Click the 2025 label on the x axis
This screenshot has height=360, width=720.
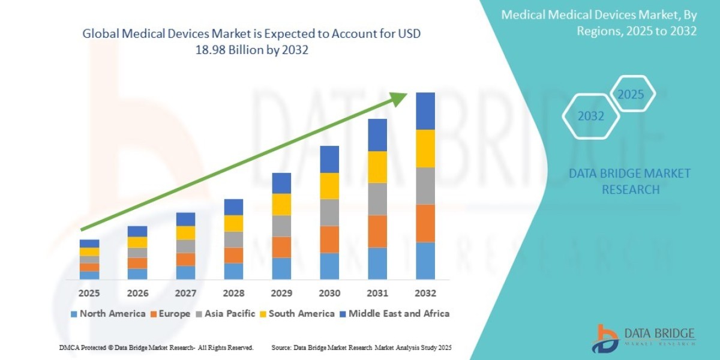pyautogui.click(x=89, y=293)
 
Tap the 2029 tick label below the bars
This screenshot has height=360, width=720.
pyautogui.click(x=281, y=293)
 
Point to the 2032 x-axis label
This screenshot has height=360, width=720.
pyautogui.click(x=425, y=293)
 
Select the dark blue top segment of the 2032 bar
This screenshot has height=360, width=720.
pyautogui.click(x=425, y=111)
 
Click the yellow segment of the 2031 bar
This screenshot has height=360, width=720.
pyautogui.click(x=377, y=167)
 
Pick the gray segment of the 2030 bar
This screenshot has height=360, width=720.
pyautogui.click(x=329, y=212)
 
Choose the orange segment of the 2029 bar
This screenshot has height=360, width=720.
pyautogui.click(x=281, y=247)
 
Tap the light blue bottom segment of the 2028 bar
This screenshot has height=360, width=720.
pyautogui.click(x=233, y=271)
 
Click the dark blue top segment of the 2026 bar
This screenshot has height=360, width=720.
pyautogui.click(x=137, y=231)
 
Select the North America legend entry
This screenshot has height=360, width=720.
pyautogui.click(x=108, y=313)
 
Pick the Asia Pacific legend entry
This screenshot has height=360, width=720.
pyautogui.click(x=225, y=313)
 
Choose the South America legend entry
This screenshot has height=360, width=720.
pyautogui.click(x=297, y=313)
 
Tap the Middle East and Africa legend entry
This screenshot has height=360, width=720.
pyautogui.click(x=394, y=313)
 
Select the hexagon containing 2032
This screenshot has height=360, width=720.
pyautogui.click(x=590, y=116)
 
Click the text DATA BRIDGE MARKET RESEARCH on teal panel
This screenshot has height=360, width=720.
pyautogui.click(x=630, y=181)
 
